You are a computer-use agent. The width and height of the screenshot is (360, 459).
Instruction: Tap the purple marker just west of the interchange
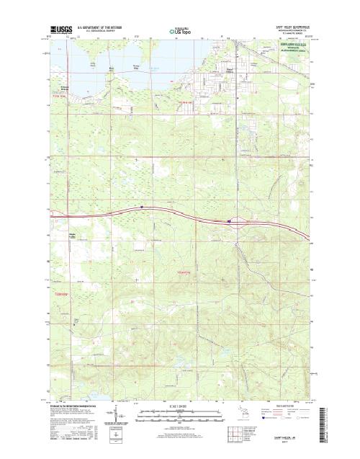point(229,221)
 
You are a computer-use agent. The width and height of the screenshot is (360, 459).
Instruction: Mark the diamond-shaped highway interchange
point(241,223)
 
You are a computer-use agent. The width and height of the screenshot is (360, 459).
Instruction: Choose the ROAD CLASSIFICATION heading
point(274,406)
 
